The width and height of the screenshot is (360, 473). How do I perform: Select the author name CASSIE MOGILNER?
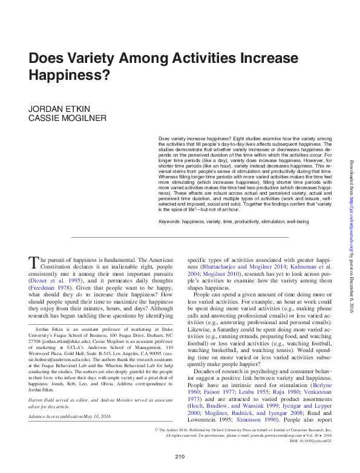[x=61, y=118]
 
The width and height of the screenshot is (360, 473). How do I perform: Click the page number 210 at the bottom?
[x=179, y=455]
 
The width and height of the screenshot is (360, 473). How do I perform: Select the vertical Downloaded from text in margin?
[x=352, y=181]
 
